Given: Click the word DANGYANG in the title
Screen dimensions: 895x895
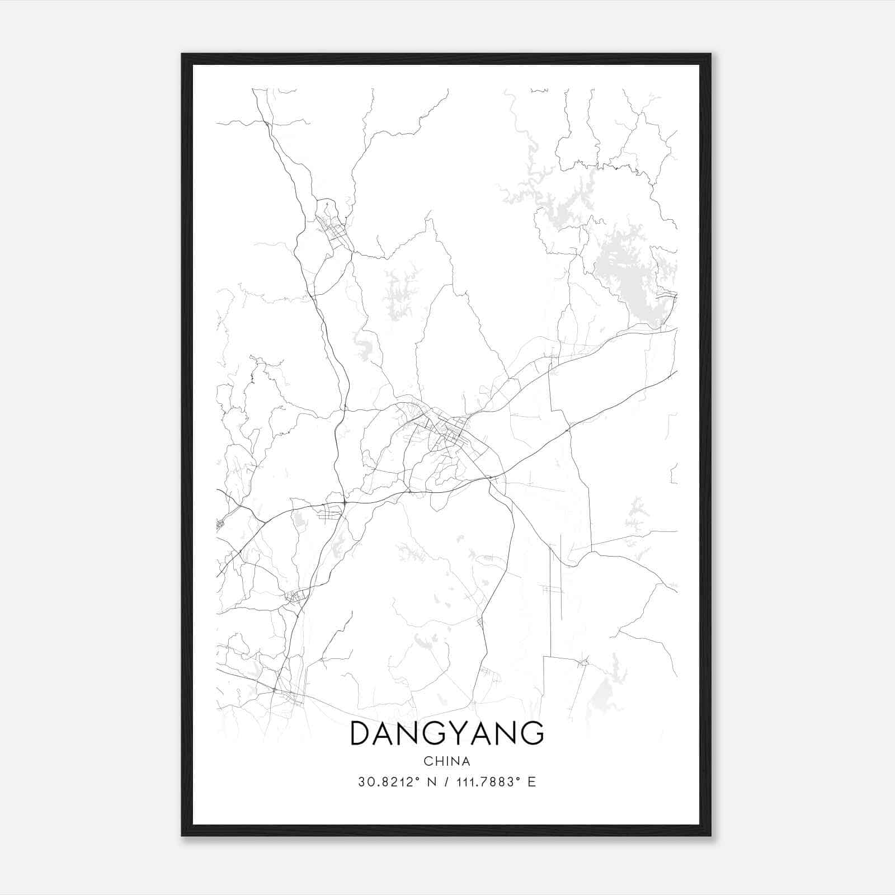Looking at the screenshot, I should [446, 733].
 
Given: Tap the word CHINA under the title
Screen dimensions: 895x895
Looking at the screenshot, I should [446, 761].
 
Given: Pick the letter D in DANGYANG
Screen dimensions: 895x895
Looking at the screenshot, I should [361, 733].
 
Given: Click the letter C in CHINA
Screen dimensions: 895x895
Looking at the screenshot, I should [428, 761].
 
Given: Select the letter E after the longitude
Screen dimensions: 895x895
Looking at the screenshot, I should [531, 782].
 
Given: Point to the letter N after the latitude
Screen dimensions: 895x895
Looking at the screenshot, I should [430, 782].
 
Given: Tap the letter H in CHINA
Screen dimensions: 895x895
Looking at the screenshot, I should [437, 761].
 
